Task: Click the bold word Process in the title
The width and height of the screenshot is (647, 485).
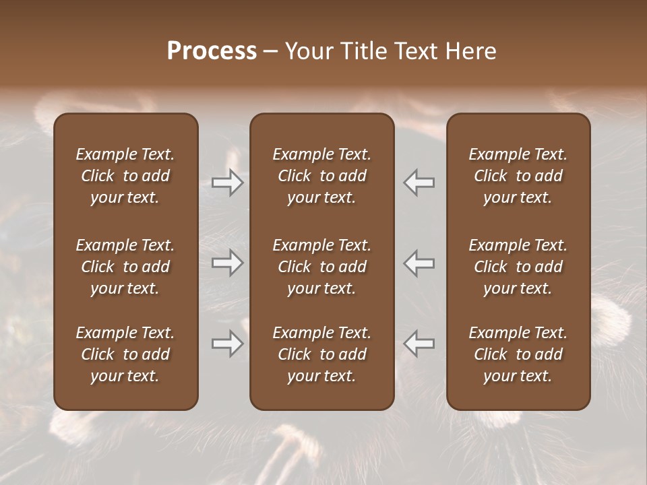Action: (212, 51)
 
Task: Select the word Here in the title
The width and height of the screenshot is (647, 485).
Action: (472, 51)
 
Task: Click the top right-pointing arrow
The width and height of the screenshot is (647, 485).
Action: (228, 183)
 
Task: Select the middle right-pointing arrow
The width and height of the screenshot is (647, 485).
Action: (228, 263)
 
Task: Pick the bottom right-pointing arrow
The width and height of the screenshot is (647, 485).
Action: (228, 344)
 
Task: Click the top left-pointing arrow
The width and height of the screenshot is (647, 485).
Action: (419, 183)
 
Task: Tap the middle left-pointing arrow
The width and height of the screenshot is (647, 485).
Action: (419, 263)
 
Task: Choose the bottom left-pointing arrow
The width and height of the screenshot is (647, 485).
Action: (419, 344)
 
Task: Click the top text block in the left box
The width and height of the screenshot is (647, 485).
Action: (125, 176)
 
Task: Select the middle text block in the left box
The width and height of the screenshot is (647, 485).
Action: (125, 267)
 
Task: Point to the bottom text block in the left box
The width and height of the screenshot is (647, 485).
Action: (125, 354)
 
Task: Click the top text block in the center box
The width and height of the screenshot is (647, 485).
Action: (322, 176)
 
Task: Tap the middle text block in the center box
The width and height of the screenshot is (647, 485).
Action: (322, 267)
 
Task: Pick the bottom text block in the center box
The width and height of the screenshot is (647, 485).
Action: (322, 354)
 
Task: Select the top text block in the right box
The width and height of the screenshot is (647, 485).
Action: (518, 176)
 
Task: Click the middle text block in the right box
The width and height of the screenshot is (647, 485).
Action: (518, 267)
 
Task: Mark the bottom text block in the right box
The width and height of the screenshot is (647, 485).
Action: (518, 354)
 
